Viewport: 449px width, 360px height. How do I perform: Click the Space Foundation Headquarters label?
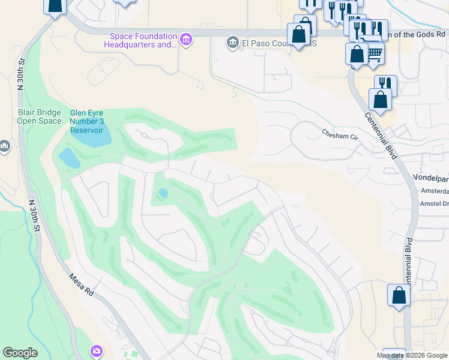pos(143,40)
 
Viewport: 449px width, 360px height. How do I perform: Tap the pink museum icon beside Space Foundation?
pos(187,40)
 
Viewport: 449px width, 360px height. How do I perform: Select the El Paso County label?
pos(264,43)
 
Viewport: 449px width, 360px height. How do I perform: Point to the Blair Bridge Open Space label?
pos(39,116)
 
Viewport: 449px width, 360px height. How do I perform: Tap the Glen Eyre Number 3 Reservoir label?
pos(87,121)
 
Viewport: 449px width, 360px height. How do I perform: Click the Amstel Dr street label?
pos(436,204)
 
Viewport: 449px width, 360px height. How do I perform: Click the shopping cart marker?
pos(375,54)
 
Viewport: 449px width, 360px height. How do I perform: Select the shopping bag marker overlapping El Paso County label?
pos(298,35)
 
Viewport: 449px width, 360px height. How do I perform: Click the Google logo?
pos(20,353)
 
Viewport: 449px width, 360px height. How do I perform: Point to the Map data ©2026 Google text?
pos(412,355)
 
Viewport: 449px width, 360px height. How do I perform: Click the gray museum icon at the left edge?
pos(4,146)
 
